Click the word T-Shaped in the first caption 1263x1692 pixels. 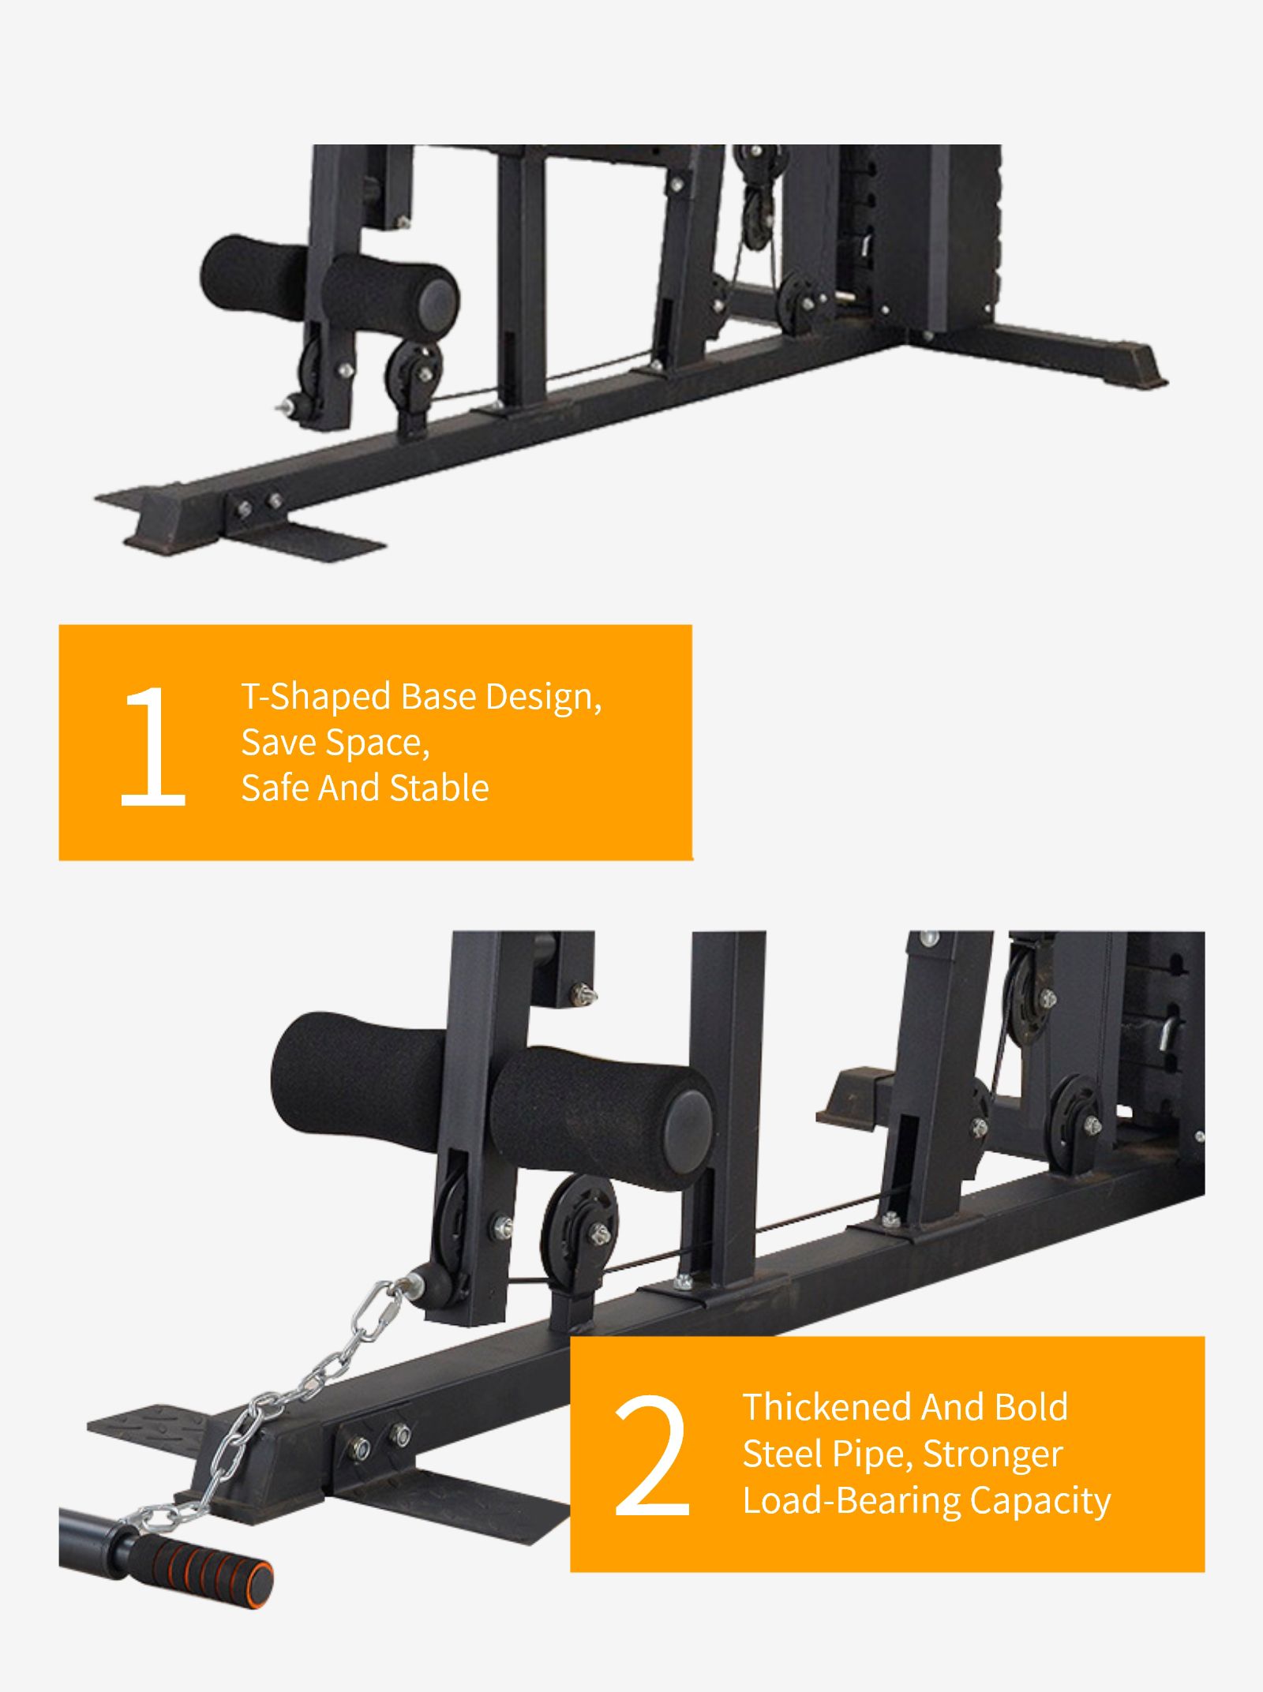pyautogui.click(x=316, y=697)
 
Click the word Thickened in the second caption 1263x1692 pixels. pyautogui.click(x=826, y=1407)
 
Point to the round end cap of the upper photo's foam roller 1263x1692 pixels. pyautogui.click(x=437, y=300)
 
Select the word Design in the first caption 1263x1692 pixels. pyautogui.click(x=543, y=697)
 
